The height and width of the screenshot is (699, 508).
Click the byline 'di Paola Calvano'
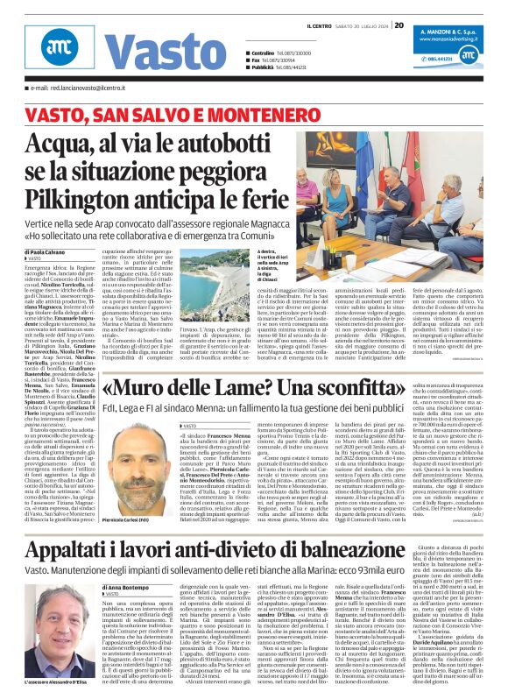[x=46, y=227]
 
